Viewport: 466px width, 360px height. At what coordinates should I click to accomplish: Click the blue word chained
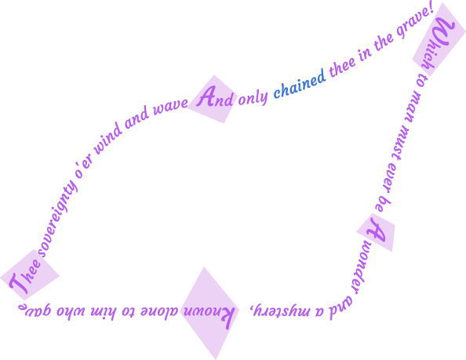click(x=300, y=84)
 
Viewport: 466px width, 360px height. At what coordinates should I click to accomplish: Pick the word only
click(x=253, y=97)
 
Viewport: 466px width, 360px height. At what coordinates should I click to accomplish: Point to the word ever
click(x=392, y=178)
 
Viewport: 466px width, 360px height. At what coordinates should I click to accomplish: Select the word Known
click(x=208, y=315)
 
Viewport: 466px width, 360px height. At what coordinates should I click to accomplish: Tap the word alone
click(x=158, y=311)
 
